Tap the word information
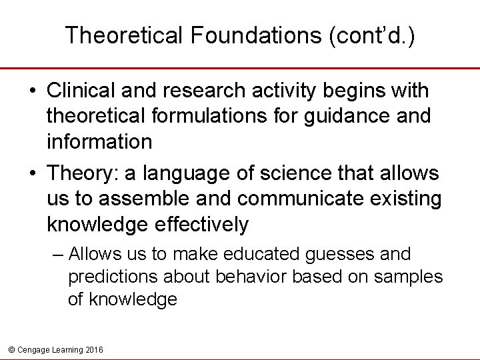99,142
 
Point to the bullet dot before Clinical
32,91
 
